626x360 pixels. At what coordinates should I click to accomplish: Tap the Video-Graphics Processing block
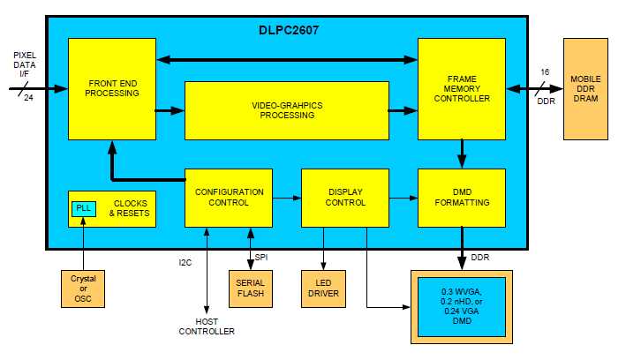pos(286,110)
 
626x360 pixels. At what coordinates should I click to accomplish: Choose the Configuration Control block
pos(228,197)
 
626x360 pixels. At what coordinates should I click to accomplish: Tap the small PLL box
pos(84,208)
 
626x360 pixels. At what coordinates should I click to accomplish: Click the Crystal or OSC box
pos(83,289)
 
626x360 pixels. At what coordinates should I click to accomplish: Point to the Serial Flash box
pos(251,288)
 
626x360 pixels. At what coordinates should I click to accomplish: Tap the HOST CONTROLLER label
pos(207,326)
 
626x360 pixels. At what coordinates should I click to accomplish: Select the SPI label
pos(261,257)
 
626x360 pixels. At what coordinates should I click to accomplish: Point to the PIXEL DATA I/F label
pos(25,66)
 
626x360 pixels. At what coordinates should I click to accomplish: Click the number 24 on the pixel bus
pos(28,97)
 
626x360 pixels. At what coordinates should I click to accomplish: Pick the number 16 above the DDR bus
pos(545,71)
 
